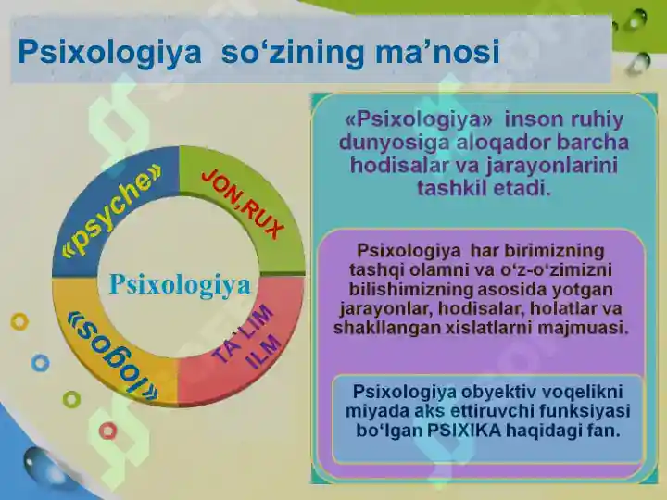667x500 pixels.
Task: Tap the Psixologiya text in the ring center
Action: [x=180, y=285]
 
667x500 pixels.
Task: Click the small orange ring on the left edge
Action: [x=19, y=322]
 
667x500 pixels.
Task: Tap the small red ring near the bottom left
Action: [x=108, y=430]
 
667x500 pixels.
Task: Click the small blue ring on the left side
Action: [x=40, y=363]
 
